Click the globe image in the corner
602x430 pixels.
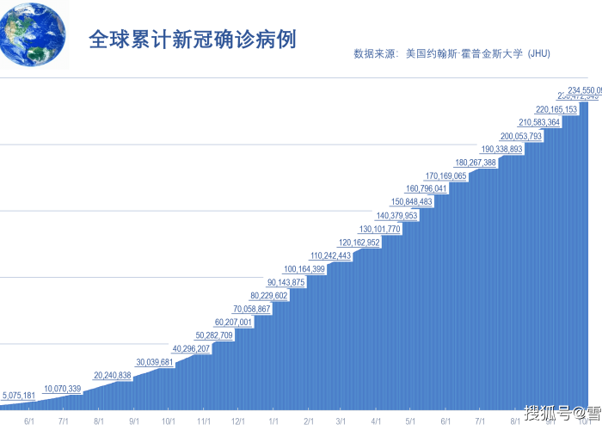32,34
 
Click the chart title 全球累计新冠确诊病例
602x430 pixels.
193,40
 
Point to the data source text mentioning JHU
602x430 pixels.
451,53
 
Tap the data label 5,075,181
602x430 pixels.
19,396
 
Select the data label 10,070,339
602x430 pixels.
63,389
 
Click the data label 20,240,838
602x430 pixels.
113,375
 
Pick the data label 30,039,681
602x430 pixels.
155,362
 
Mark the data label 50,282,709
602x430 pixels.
214,335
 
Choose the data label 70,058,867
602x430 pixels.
252,309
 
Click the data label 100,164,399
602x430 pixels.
304,269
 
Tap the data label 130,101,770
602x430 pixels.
380,229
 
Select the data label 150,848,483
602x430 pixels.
412,201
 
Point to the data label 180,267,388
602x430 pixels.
476,163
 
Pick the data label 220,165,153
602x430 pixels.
556,109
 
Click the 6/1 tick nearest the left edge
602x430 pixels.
29,421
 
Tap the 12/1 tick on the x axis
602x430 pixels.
238,421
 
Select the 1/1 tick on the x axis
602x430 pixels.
273,421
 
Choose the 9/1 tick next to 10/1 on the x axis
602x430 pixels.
550,421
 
